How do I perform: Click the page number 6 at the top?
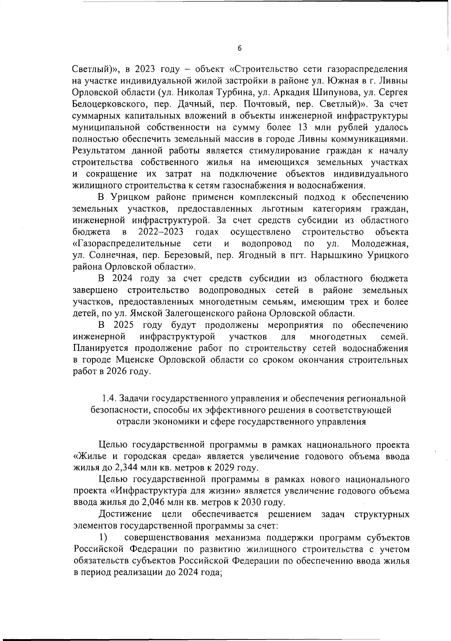(x=240, y=48)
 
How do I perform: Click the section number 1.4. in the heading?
(x=110, y=398)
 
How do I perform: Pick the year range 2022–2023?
(x=162, y=231)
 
